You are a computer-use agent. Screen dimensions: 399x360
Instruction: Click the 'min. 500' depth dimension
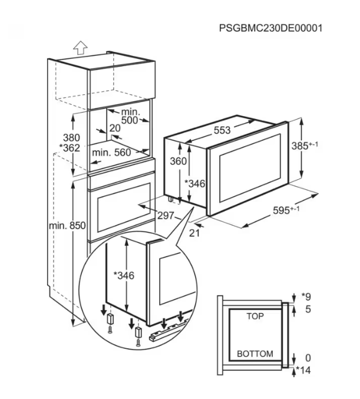pos(129,116)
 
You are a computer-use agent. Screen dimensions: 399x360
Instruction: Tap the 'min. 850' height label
pos(67,225)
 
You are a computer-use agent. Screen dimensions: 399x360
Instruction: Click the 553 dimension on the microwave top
pos(222,131)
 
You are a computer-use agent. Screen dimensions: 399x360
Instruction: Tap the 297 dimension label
pos(166,216)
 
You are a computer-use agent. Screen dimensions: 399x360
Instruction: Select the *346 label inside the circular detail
pos(124,275)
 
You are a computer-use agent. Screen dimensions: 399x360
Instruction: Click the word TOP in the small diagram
pos(255,316)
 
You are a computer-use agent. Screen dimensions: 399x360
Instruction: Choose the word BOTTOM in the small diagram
pos(255,354)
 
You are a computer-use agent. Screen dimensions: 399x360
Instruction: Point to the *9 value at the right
pos(305,296)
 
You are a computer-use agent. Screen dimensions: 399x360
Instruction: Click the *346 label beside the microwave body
pos(194,184)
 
